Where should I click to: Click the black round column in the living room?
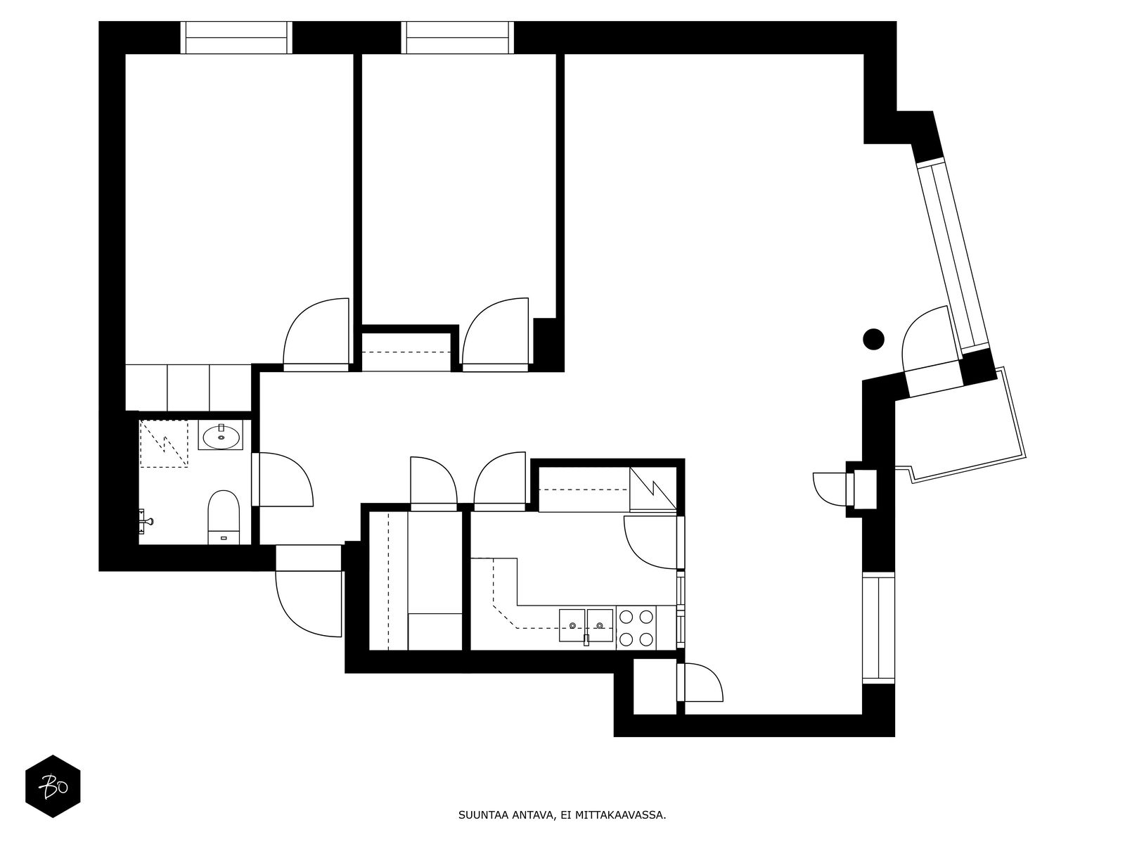pyautogui.click(x=873, y=339)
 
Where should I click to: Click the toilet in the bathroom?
pyautogui.click(x=224, y=517)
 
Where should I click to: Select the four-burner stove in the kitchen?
pyautogui.click(x=637, y=628)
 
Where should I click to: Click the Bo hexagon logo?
pyautogui.click(x=53, y=786)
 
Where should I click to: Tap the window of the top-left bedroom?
pyautogui.click(x=236, y=37)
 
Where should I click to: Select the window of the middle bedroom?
pyautogui.click(x=457, y=37)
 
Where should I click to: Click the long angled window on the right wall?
pyautogui.click(x=953, y=255)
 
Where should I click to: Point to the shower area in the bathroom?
pyautogui.click(x=164, y=444)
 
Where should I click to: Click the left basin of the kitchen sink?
pyautogui.click(x=572, y=625)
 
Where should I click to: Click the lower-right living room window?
pyautogui.click(x=878, y=628)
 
